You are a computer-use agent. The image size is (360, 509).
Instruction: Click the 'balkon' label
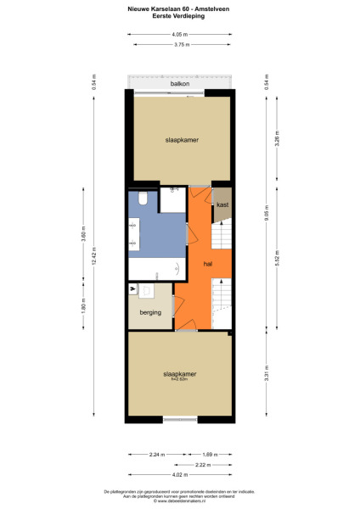point(179,85)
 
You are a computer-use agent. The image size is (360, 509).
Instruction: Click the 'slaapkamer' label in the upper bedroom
point(179,140)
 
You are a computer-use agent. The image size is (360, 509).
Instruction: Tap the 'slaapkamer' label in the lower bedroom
point(179,374)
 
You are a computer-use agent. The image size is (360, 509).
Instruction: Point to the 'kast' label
point(222,205)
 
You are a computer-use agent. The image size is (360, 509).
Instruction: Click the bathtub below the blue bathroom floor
point(157,269)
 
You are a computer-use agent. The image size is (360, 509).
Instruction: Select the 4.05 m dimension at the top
point(179,35)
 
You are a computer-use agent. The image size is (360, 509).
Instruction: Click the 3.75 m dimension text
point(179,44)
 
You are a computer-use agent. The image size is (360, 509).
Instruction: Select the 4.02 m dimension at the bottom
point(179,474)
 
